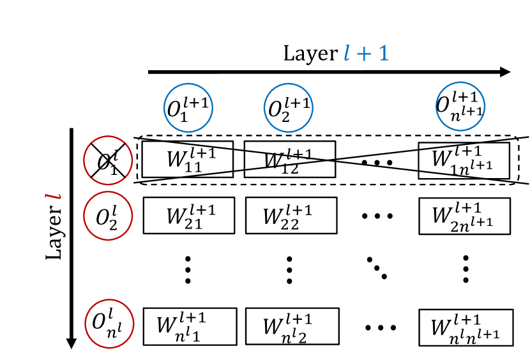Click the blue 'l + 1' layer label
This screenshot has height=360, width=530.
(366, 53)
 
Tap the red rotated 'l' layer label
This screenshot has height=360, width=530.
(53, 195)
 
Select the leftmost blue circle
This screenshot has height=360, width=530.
(188, 107)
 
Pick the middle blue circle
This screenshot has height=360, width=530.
(288, 107)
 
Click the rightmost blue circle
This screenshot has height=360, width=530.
(460, 107)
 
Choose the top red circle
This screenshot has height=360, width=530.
(108, 160)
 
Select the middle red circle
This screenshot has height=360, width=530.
(108, 216)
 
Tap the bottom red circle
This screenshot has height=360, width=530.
(109, 324)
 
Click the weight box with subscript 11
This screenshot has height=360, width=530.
(188, 159)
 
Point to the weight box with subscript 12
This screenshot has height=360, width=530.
(289, 160)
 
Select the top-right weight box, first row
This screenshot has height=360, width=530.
(464, 160)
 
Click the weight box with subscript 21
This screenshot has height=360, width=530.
(189, 215)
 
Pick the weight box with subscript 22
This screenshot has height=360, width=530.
(291, 215)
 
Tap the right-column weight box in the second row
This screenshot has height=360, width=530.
(464, 216)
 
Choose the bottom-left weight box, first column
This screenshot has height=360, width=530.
(190, 326)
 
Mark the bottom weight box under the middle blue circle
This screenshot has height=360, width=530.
(292, 326)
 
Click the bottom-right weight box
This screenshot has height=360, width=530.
(466, 327)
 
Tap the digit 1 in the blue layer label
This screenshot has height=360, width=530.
(382, 53)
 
